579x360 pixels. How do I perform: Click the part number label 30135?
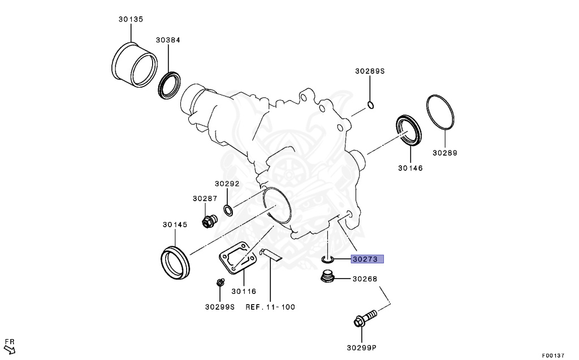(131, 19)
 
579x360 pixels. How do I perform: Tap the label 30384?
(168, 41)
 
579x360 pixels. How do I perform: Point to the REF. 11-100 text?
(270, 307)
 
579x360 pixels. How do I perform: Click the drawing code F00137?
(553, 355)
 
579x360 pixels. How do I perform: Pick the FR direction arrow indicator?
(10, 345)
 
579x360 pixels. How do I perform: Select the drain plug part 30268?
(326, 277)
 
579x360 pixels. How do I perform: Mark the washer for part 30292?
(227, 211)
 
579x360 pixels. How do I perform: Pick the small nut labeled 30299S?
(220, 283)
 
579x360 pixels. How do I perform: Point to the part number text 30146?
(410, 168)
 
